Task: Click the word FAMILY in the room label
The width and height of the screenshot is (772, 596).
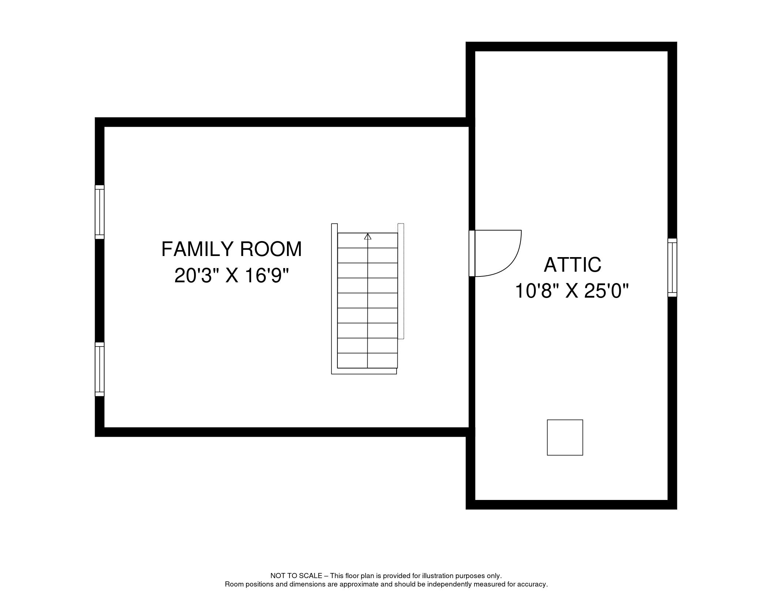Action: point(197,249)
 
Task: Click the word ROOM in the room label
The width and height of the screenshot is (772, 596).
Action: point(271,249)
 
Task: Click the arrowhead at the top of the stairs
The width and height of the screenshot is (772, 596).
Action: point(368,237)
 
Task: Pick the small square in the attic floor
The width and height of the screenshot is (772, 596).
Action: point(565,438)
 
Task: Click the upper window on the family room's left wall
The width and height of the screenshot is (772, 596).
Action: point(99,212)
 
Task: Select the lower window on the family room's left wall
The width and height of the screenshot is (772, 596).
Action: point(99,369)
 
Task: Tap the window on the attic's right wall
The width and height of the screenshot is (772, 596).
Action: point(672,267)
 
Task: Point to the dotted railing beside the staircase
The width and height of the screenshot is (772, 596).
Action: point(401,281)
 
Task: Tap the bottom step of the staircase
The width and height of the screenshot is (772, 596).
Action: point(367,360)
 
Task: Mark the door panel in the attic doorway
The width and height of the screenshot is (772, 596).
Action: point(472,253)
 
